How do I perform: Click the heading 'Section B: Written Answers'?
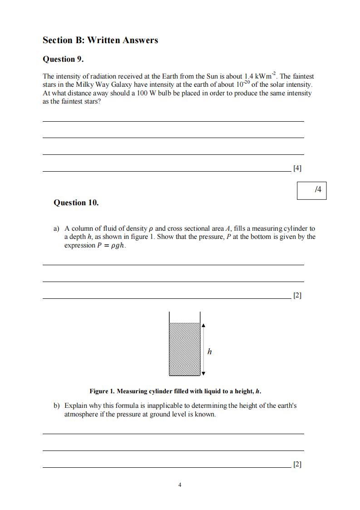(100, 40)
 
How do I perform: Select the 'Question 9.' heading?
(63, 59)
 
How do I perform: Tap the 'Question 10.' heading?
(76, 203)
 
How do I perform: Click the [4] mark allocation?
(297, 168)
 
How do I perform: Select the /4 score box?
(311, 190)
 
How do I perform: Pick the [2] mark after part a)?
(297, 295)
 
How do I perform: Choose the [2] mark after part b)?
(297, 464)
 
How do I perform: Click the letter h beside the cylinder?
(209, 352)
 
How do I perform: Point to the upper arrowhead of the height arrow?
(203, 325)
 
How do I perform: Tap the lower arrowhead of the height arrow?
(203, 373)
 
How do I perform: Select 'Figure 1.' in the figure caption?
(102, 391)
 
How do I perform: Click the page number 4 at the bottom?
(180, 485)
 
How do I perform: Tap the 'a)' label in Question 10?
(57, 228)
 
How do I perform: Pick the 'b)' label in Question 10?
(57, 406)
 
